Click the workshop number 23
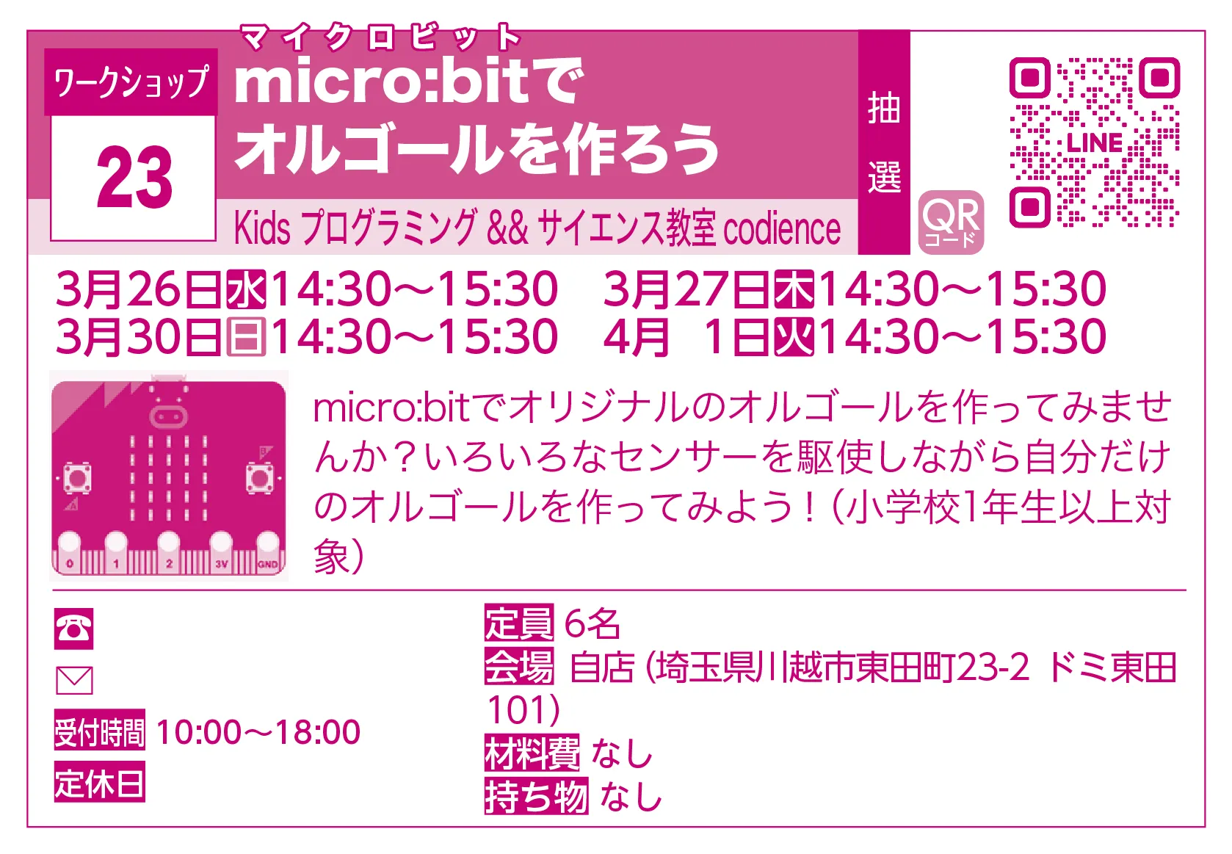(x=134, y=177)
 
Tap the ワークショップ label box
(x=131, y=82)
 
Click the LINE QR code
(x=1094, y=142)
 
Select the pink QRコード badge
(x=951, y=222)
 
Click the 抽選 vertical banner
(x=884, y=142)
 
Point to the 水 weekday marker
(x=246, y=289)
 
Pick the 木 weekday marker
(x=794, y=289)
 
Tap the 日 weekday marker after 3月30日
(x=246, y=337)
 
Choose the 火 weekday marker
(x=794, y=337)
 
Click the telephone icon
(x=73, y=629)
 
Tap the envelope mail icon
(x=74, y=681)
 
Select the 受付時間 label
(x=99, y=731)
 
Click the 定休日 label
(x=99, y=782)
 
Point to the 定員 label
(x=518, y=623)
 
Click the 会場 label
(x=518, y=667)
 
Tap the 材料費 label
(x=532, y=753)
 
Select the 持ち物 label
(x=536, y=796)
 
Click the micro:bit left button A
(x=77, y=478)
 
